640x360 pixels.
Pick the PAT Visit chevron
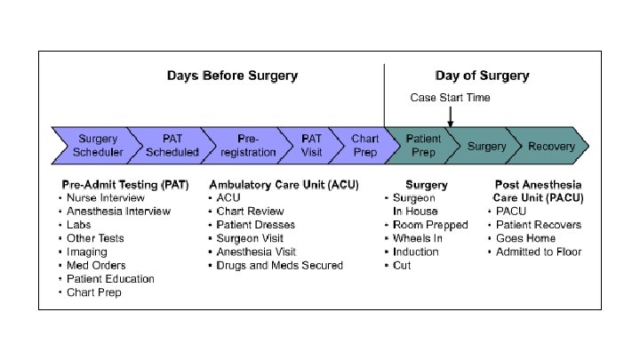[x=311, y=145]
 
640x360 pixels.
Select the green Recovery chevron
[x=551, y=146]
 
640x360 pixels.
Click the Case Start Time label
[x=450, y=97]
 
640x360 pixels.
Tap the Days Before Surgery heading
[x=232, y=76]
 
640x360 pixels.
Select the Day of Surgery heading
[x=482, y=76]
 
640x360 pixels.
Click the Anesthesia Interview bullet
[x=118, y=212]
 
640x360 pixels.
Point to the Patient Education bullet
[x=110, y=278]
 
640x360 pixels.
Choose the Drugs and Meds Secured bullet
[x=279, y=265]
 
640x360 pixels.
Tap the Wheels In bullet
[x=418, y=238]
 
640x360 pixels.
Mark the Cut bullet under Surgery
[x=402, y=265]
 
